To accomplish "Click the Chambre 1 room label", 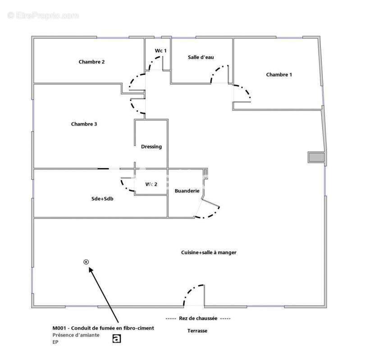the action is click(279, 75).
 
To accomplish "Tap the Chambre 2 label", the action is click(91, 62).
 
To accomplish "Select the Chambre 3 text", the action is click(84, 124).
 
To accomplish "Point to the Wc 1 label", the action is click(160, 50).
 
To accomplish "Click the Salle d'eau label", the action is click(201, 57).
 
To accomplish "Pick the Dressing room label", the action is click(151, 147).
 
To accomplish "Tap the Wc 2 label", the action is click(151, 184).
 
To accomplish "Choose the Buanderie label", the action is click(187, 191).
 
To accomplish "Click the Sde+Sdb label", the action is click(102, 199).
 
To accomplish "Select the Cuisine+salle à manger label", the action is click(209, 252).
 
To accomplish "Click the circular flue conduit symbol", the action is click(86, 262).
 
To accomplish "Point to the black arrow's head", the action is click(91, 269).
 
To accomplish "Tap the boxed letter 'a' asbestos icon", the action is click(117, 338).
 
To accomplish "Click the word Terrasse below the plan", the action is click(197, 331).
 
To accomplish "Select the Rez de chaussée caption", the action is click(198, 318).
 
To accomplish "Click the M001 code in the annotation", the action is click(59, 328).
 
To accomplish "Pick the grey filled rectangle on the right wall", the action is click(316, 157).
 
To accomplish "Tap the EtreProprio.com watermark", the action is click(43, 15).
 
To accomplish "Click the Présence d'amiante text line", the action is click(76, 335).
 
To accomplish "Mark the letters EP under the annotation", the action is click(55, 342).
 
